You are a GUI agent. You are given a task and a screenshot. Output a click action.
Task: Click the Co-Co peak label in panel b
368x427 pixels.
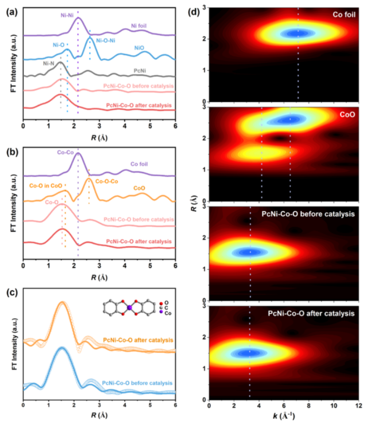[x=66, y=153]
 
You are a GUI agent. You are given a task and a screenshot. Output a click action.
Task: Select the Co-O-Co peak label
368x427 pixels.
[x=107, y=181]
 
